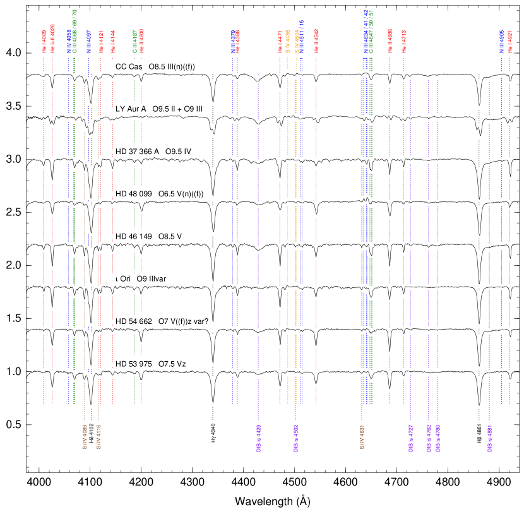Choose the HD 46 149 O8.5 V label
(x=152, y=237)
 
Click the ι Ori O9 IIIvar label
(x=143, y=279)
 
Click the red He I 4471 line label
(x=280, y=42)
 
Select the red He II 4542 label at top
(x=316, y=42)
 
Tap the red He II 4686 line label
(x=390, y=42)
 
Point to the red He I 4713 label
(x=404, y=42)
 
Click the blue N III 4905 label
(x=502, y=42)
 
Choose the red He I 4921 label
(x=510, y=42)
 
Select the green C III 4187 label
(x=134, y=42)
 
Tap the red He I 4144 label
(x=113, y=42)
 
